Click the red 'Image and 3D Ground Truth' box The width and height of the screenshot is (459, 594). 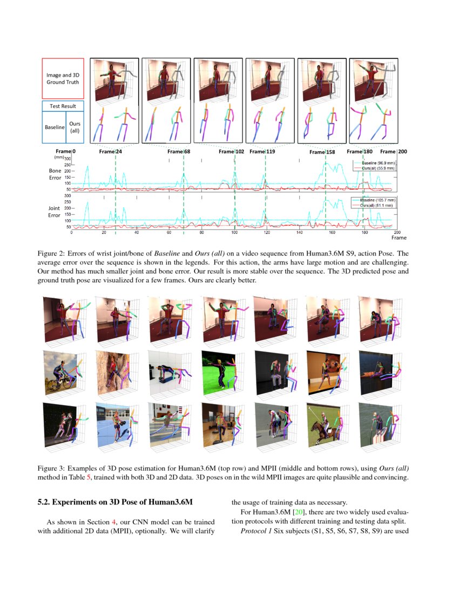click(63, 78)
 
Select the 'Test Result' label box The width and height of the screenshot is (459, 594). click(63, 106)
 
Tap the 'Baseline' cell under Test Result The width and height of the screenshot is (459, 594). click(53, 127)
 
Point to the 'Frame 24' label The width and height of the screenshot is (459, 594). click(110, 152)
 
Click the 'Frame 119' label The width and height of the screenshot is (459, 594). click(262, 152)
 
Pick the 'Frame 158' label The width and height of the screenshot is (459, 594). click(322, 152)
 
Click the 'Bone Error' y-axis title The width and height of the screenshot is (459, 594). click(55, 173)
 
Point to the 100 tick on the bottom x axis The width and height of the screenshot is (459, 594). click(234, 232)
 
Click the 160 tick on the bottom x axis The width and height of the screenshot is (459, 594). click(332, 232)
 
